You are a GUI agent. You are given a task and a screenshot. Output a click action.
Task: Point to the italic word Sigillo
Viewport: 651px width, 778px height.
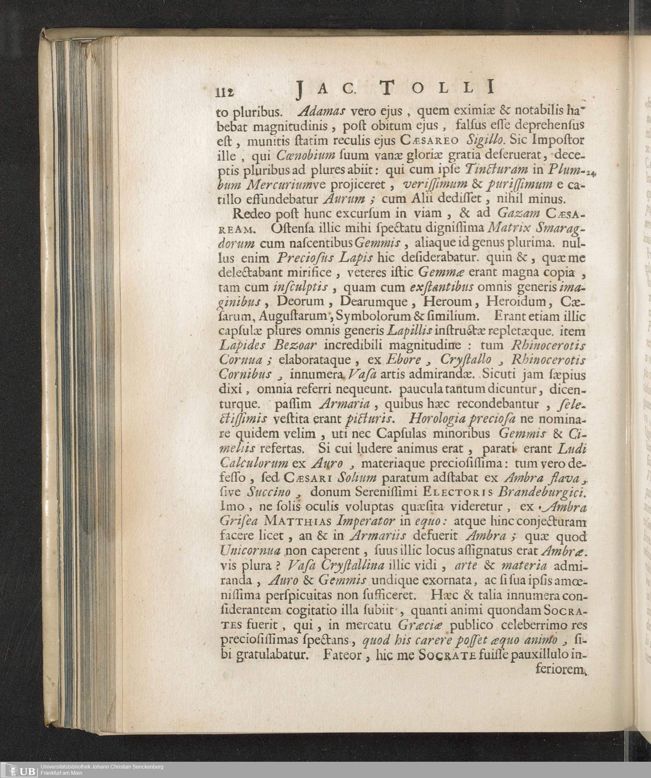click(485, 140)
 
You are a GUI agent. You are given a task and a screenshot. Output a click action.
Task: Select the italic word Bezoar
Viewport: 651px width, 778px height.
click(295, 345)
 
